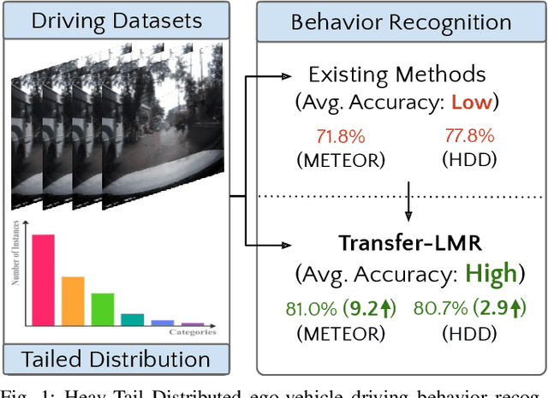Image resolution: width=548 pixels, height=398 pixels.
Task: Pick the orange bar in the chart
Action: click(73, 300)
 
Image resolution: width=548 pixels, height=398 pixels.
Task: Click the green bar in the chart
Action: click(103, 309)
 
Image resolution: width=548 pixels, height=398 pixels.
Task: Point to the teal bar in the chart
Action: click(133, 319)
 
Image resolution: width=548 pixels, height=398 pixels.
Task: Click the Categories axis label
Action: click(192, 332)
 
